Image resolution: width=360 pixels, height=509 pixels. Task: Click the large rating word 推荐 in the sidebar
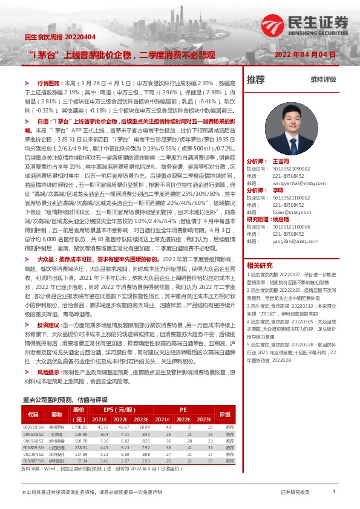point(256,79)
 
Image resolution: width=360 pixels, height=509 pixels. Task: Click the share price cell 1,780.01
point(79,427)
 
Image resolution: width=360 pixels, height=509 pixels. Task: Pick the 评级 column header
point(224,414)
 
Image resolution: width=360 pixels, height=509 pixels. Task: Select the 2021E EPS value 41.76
point(102,427)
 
